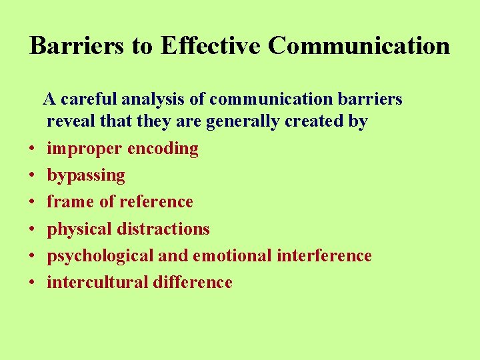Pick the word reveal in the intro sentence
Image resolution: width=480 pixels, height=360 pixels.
(69, 122)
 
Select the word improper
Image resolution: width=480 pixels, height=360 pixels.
(84, 149)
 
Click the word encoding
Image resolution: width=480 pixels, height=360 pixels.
(163, 149)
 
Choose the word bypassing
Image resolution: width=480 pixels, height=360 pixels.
(86, 176)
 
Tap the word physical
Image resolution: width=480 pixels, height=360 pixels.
(79, 229)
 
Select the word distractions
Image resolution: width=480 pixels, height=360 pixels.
(163, 229)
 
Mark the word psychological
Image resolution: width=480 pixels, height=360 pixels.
(100, 256)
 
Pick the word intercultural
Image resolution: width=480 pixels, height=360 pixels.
(97, 282)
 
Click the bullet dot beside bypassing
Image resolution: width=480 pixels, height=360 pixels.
(32, 176)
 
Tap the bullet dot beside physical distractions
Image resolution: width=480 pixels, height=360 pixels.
(32, 229)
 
